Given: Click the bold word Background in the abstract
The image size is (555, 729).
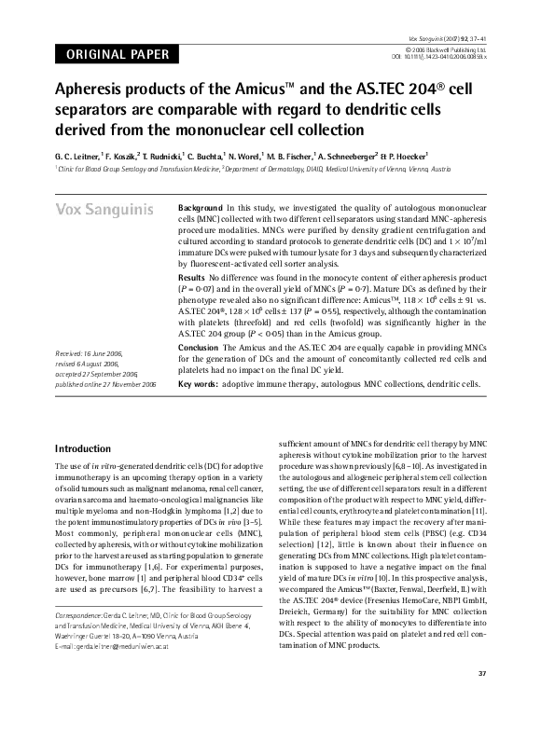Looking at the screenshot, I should (200, 207).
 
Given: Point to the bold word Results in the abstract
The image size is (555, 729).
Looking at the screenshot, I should (191, 279).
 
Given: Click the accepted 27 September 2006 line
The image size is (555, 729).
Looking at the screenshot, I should (97, 400).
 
